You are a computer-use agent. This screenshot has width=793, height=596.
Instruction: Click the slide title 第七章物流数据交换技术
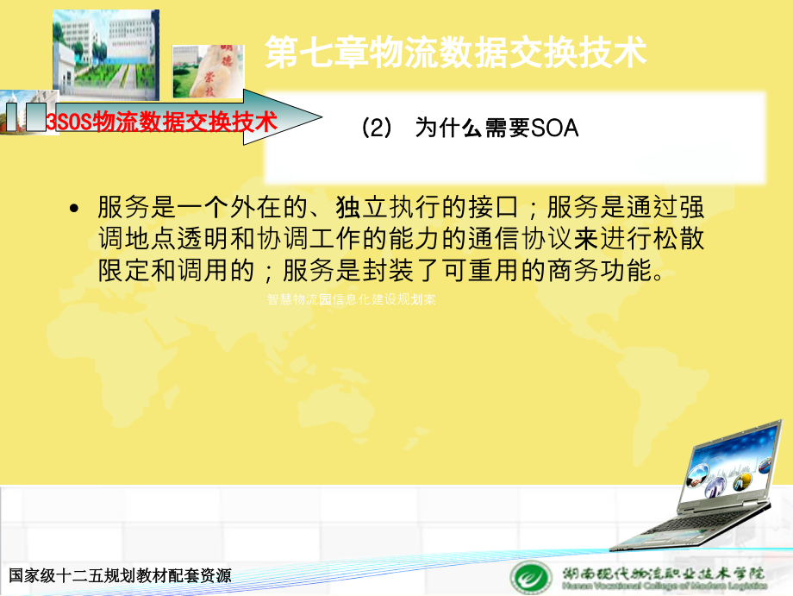(x=455, y=53)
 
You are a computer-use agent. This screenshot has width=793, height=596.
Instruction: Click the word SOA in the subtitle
(x=555, y=129)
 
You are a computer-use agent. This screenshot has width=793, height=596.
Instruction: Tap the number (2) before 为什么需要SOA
(x=376, y=129)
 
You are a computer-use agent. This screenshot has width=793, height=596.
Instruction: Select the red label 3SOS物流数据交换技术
(x=161, y=122)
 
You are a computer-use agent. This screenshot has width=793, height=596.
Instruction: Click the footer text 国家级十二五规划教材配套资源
(x=120, y=576)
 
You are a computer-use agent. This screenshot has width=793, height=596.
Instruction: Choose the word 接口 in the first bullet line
(x=494, y=208)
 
